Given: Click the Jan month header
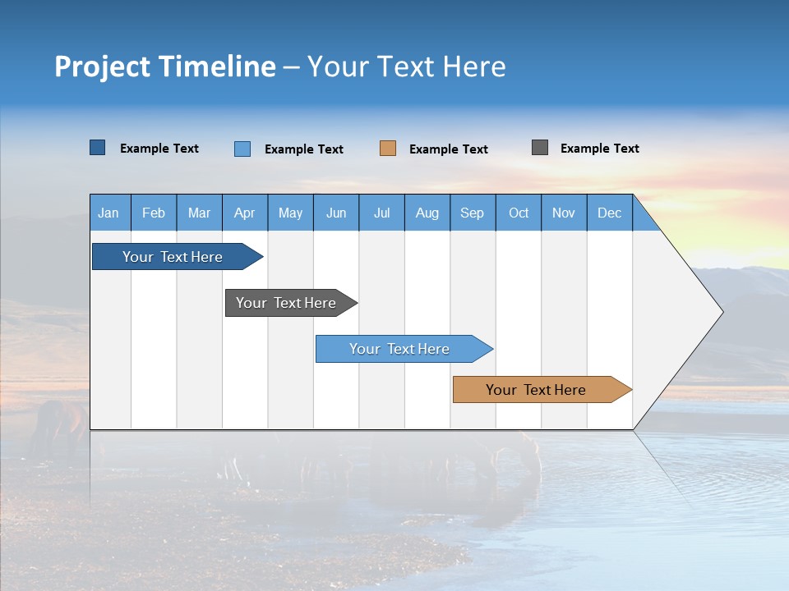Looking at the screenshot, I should click(108, 213).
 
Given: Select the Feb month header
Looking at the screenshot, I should click(154, 213).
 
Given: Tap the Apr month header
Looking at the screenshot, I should click(244, 213).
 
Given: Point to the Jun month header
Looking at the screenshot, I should click(336, 213).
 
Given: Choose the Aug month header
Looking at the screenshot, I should click(427, 213).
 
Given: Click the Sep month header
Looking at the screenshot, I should click(472, 213).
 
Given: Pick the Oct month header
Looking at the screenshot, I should click(519, 213).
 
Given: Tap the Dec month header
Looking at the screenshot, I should click(609, 213).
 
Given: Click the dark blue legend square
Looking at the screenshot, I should click(98, 148).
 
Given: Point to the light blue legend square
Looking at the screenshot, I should click(242, 149).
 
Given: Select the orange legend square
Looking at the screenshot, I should click(388, 149).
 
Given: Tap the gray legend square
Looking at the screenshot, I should click(540, 148).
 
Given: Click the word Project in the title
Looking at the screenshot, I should click(102, 66).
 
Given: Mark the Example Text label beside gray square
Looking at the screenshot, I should click(599, 149).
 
